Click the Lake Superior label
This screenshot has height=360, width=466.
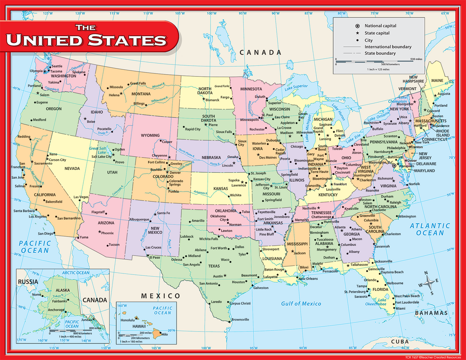click(x=295, y=87)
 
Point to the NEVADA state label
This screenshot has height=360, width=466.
click(x=72, y=168)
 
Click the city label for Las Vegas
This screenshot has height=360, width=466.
click(x=81, y=197)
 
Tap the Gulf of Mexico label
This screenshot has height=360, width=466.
click(x=301, y=304)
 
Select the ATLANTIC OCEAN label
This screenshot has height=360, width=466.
click(x=426, y=229)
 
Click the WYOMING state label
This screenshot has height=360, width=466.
click(x=150, y=136)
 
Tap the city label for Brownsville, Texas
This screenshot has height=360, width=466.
click(x=240, y=320)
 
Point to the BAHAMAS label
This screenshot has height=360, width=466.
click(x=431, y=313)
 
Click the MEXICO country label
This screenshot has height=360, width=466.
click(x=161, y=296)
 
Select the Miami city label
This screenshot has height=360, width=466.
click(x=400, y=308)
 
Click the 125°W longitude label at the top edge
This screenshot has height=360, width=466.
click(x=48, y=13)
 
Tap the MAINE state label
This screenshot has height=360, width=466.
click(x=437, y=80)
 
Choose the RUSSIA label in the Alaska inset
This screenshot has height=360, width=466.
click(x=28, y=282)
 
